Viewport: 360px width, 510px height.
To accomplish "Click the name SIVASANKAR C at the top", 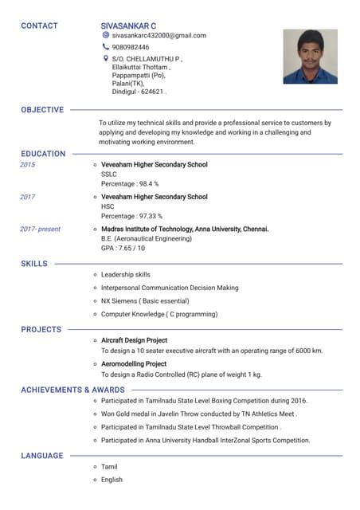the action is [x=128, y=25].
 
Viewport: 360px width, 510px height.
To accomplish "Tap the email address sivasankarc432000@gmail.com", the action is [x=158, y=36].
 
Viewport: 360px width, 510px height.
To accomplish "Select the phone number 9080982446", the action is [x=131, y=47].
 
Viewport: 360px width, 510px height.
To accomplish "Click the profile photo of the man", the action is [x=310, y=57].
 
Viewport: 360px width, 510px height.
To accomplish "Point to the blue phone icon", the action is [x=106, y=47].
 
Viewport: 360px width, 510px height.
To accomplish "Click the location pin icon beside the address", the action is [x=106, y=58].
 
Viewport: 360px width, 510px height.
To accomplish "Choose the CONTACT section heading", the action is [x=39, y=25].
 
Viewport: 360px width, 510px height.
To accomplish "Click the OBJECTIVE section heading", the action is [x=42, y=109].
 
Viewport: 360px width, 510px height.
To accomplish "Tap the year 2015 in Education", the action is [x=28, y=165].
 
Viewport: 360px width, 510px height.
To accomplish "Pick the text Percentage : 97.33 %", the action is [x=131, y=216].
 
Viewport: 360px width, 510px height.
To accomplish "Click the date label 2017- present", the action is [x=40, y=229].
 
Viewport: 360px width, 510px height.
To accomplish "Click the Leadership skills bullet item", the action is [x=125, y=275].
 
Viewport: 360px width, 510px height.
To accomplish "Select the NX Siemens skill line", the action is [x=144, y=301].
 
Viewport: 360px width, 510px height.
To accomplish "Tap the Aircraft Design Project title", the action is [x=134, y=341].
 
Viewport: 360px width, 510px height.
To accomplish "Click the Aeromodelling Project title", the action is [x=133, y=364].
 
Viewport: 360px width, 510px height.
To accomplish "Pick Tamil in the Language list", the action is [x=108, y=467].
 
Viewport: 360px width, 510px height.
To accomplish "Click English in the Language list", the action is [x=112, y=480].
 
